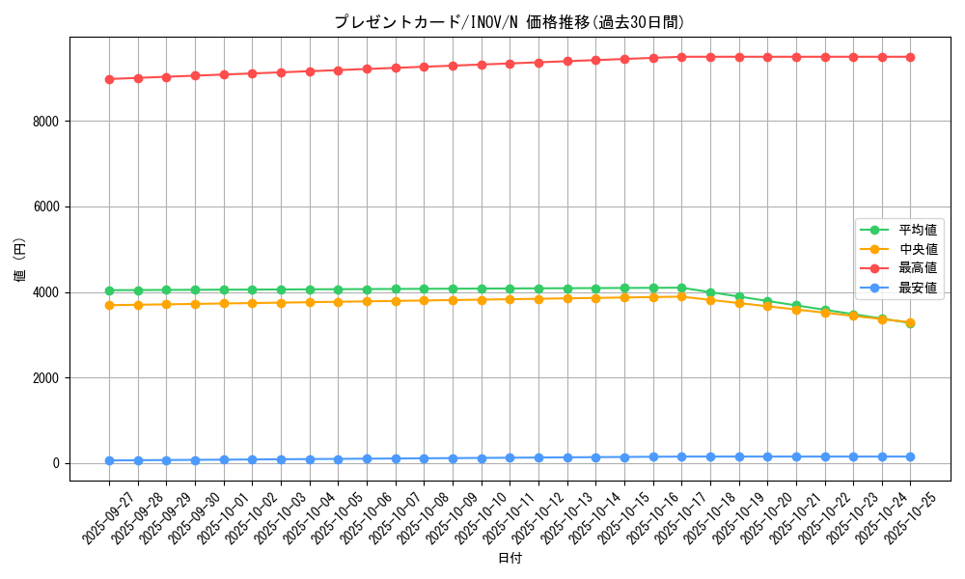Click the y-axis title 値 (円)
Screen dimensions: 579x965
[20, 260]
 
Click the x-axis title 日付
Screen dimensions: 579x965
[509, 559]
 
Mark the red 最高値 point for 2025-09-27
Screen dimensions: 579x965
[109, 79]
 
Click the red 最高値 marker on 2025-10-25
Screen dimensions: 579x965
[910, 57]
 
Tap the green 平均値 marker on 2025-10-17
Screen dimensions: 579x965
[681, 288]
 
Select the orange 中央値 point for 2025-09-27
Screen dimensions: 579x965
[109, 305]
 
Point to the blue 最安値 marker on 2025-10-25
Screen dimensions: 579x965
[910, 456]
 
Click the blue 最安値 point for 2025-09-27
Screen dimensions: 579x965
[109, 460]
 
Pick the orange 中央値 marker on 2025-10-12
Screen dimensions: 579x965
[538, 298]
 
